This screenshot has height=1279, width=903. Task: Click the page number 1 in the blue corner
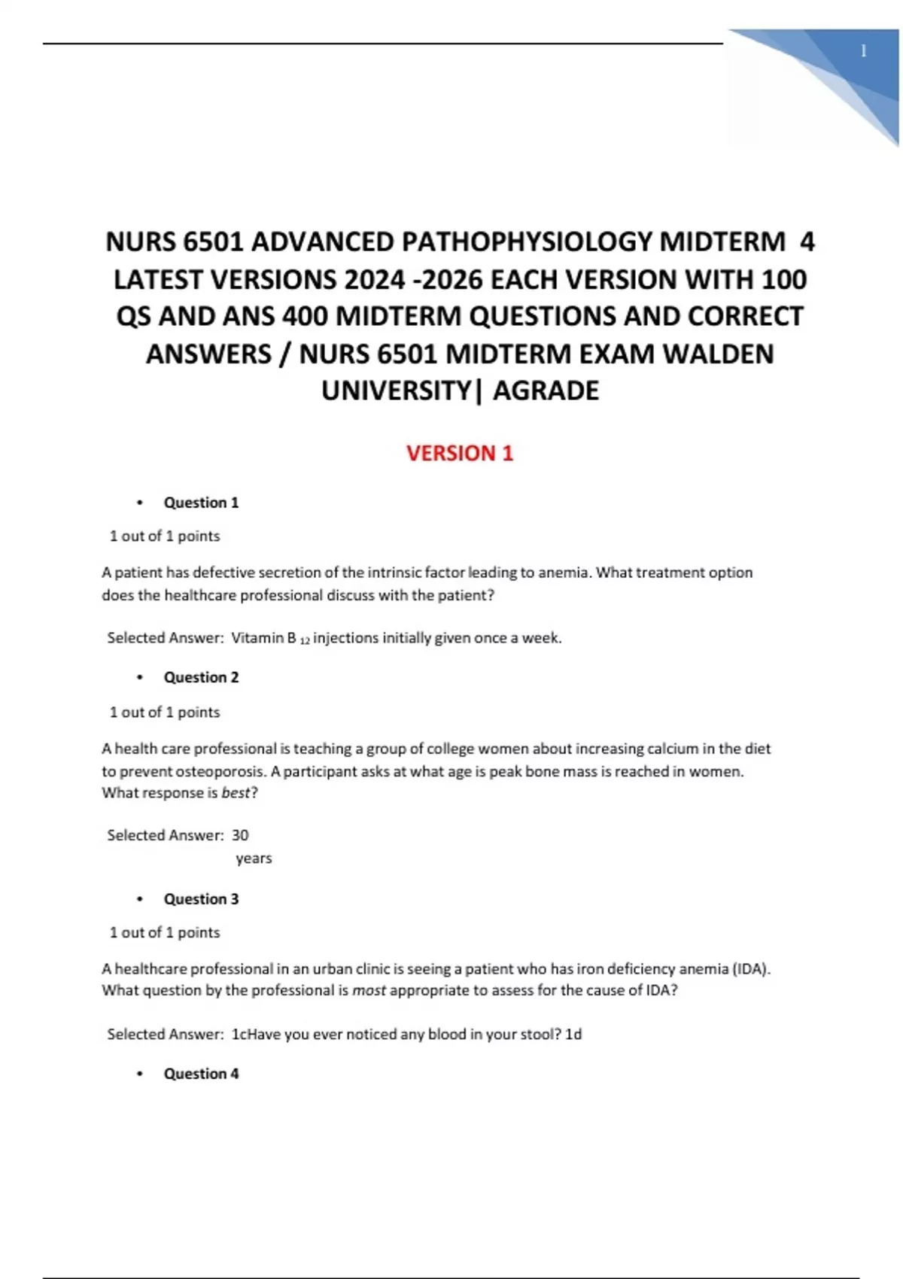863,51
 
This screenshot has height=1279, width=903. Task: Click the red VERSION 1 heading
460,454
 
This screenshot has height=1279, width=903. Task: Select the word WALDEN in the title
718,354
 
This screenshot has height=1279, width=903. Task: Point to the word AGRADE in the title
546,391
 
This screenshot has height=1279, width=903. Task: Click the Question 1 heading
201,503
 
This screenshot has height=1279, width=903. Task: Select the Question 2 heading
201,677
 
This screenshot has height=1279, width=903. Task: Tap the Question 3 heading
201,899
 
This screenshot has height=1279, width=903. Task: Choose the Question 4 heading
201,1074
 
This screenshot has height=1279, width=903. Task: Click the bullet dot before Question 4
140,1074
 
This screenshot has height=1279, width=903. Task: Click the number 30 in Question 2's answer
240,835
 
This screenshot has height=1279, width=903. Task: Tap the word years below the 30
254,858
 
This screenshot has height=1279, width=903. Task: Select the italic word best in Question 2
236,793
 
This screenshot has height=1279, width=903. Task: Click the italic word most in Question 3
369,991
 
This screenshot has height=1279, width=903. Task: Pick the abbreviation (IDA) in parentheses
750,969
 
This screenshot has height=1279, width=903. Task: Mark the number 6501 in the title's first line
214,242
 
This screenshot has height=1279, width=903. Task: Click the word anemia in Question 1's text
564,573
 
